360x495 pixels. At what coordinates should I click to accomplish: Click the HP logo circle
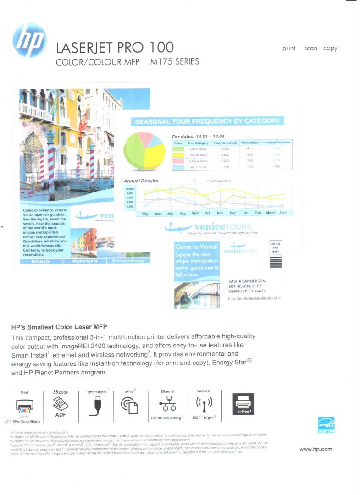(x=30, y=40)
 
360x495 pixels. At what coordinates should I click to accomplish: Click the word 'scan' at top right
(x=310, y=48)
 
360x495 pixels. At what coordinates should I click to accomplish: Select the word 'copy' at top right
(x=330, y=48)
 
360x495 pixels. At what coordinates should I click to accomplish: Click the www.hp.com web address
(x=316, y=449)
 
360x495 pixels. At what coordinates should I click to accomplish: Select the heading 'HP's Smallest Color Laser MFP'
(x=59, y=327)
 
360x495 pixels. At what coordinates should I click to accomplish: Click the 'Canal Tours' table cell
(x=198, y=149)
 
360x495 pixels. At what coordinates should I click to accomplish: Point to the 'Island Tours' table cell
(x=198, y=167)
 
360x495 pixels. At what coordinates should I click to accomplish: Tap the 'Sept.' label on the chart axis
(x=195, y=214)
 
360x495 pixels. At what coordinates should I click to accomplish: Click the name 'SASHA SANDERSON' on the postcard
(x=247, y=281)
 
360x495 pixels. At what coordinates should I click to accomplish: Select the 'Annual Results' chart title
(x=141, y=181)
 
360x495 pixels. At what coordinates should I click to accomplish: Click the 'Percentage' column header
(x=250, y=143)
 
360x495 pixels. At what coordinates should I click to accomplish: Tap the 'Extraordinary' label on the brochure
(x=128, y=261)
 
